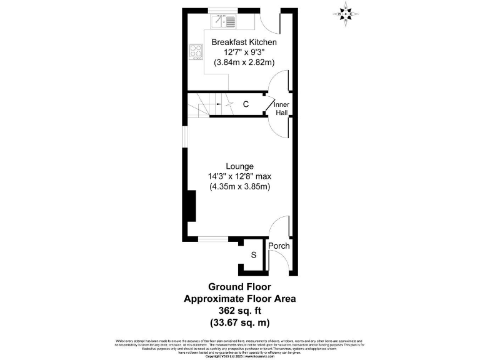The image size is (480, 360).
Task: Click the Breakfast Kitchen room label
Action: coord(244,42)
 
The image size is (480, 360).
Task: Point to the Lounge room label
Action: coord(239,166)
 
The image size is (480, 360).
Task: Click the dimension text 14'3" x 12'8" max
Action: coord(239,176)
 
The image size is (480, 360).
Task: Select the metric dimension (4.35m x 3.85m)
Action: coord(239,187)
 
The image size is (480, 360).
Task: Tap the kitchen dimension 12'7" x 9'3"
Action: coord(244,52)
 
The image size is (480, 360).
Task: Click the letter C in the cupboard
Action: coord(246,104)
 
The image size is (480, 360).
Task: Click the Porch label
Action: coord(279,246)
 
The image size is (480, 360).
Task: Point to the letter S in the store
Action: coord(254,255)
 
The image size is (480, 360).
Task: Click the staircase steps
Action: coord(201,104)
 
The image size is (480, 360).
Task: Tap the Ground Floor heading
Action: coord(239,287)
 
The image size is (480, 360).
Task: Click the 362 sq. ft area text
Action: coord(239,311)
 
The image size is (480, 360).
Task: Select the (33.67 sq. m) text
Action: coord(239,322)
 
